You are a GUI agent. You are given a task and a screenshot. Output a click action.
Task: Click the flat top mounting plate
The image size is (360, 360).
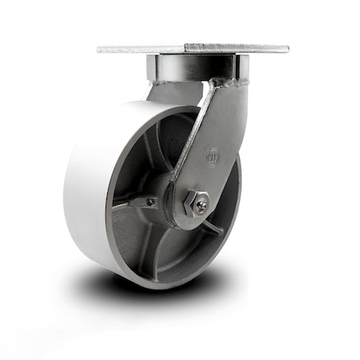coord(192,48)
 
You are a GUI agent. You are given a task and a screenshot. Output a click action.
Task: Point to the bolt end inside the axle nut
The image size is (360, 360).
coord(201,205)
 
